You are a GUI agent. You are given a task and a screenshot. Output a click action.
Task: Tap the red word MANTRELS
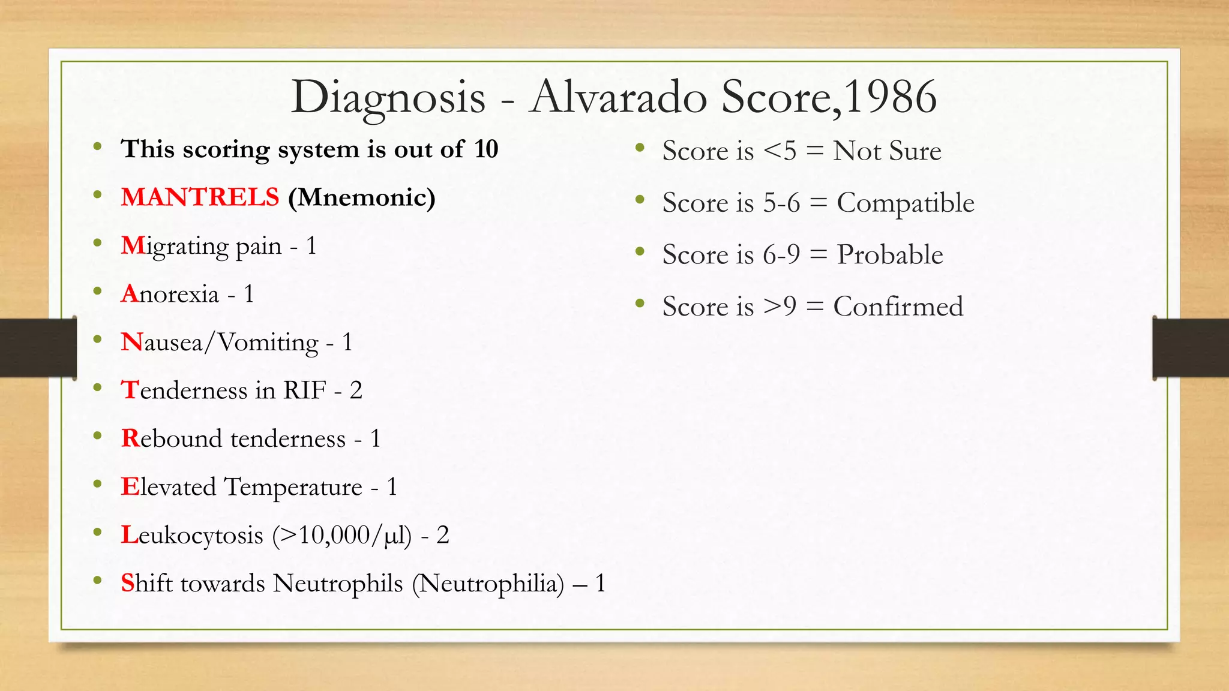click(x=200, y=197)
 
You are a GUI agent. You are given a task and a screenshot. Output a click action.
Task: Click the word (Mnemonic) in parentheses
click(x=362, y=198)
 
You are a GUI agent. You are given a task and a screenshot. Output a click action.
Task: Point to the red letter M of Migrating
click(x=133, y=245)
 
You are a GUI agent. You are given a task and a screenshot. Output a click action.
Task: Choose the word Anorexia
click(x=170, y=294)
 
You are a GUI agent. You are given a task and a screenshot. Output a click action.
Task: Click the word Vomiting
click(x=268, y=343)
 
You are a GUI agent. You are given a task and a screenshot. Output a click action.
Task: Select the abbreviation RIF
click(x=305, y=390)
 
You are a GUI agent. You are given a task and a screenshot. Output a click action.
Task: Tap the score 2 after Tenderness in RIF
click(x=356, y=390)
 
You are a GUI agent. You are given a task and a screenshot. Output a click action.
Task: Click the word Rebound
click(x=172, y=438)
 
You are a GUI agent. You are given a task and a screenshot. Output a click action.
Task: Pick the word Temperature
click(x=293, y=487)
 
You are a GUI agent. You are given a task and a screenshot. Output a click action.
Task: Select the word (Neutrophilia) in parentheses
click(x=488, y=584)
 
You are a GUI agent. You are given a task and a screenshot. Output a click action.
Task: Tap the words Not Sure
click(x=887, y=151)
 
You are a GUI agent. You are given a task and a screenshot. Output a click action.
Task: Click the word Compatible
click(x=906, y=203)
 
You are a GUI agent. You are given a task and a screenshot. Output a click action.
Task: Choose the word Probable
click(x=890, y=254)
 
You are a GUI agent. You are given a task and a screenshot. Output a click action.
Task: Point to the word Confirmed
click(x=898, y=307)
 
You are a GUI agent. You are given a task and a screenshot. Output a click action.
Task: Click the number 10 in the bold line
click(x=486, y=149)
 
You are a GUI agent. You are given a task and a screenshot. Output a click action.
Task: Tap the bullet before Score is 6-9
click(x=640, y=252)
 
